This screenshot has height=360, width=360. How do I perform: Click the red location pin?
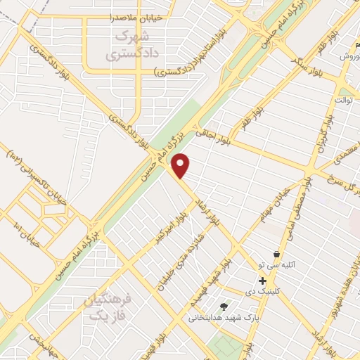tap(181, 165)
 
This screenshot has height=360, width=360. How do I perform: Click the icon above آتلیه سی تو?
tap(276, 255)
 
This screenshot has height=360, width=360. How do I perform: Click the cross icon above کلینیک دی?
tap(262, 280)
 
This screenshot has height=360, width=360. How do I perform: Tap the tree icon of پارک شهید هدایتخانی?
tap(224, 306)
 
